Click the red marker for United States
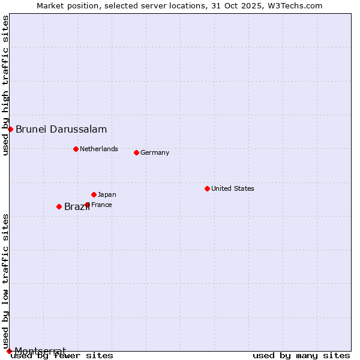[207, 188]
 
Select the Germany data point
[136, 152]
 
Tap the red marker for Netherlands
[76, 149]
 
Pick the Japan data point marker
[94, 194]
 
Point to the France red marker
[87, 205]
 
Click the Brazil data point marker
[59, 206]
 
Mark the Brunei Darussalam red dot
[10, 129]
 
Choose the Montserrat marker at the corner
[9, 351]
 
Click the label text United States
[233, 188]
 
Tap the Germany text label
[155, 152]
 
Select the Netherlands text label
[99, 149]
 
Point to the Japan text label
[107, 194]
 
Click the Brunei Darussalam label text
[61, 129]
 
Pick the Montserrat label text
[40, 350]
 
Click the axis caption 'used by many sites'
[301, 356]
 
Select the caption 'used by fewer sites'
[62, 356]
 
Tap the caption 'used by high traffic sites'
[5, 85]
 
